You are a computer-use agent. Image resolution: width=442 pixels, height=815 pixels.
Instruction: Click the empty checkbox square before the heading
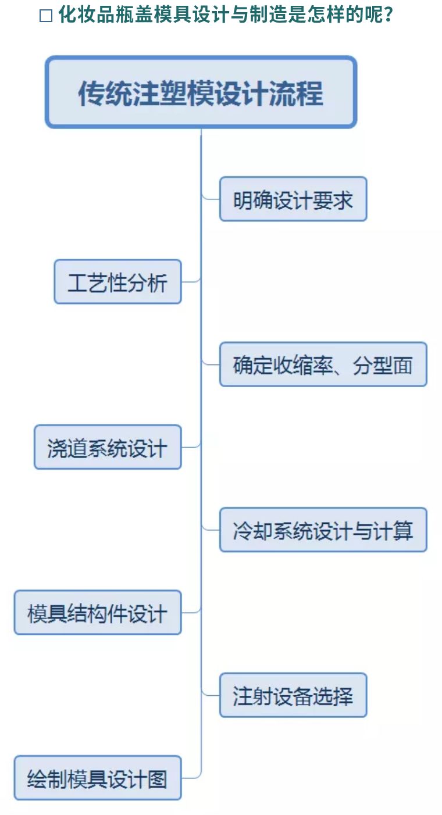45,16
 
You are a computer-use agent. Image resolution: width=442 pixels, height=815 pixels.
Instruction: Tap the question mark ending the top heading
388,15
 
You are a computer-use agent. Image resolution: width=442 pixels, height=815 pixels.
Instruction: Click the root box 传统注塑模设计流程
201,92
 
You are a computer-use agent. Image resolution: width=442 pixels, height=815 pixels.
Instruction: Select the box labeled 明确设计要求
293,199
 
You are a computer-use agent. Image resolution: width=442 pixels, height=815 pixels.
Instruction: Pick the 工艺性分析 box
117,281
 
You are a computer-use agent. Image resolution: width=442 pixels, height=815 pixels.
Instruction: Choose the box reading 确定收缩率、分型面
323,364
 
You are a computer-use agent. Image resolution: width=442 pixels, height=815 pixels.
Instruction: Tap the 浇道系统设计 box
108,447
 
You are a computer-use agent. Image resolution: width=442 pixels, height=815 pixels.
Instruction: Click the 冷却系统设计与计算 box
323,530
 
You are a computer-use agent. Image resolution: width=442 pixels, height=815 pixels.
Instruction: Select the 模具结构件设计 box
98,612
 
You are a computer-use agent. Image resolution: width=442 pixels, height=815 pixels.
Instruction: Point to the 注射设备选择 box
293,695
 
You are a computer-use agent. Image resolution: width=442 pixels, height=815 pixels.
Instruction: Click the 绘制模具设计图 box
98,778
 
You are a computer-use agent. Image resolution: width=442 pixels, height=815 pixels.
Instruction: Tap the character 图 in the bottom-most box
158,779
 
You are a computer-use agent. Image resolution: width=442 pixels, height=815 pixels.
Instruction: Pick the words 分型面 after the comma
382,365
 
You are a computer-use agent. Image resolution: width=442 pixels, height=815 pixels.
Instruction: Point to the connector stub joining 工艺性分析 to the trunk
191,281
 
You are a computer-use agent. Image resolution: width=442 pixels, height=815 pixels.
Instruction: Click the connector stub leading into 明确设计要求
211,198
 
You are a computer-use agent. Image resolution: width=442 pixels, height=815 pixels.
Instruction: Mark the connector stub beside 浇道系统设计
191,446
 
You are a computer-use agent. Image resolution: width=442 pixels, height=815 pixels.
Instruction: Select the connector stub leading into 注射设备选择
211,694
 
